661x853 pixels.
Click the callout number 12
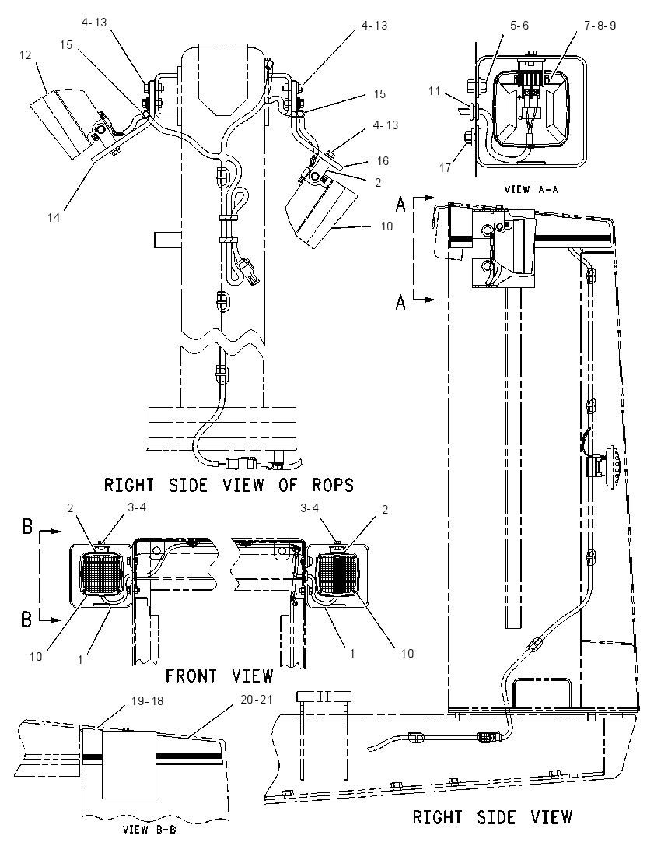26,55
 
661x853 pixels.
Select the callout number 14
54,218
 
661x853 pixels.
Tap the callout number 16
383,160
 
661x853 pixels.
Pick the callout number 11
434,91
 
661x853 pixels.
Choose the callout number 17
445,167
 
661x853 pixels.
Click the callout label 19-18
147,701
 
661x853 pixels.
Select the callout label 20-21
256,699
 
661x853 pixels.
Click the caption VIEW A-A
531,189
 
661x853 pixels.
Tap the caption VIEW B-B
149,830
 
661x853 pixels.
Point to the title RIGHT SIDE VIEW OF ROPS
229,485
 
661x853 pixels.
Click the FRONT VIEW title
219,676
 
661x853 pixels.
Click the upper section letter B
27,527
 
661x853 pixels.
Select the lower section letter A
400,302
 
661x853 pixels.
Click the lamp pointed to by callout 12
61,124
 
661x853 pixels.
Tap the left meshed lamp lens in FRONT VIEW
103,574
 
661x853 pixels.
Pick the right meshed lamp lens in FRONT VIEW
338,574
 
